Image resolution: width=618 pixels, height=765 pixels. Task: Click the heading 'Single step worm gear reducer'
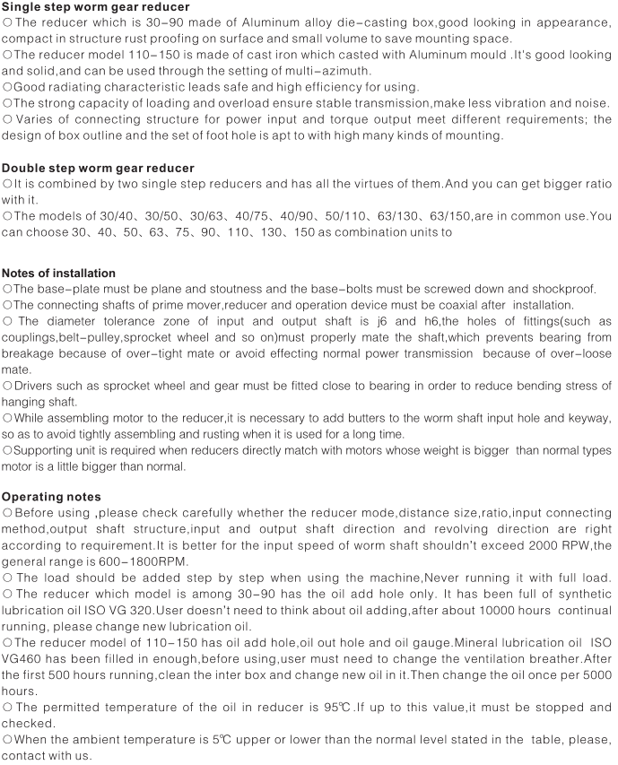pos(95,7)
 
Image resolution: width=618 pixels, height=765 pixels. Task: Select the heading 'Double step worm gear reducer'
pos(99,168)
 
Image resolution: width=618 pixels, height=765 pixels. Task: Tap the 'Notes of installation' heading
pos(59,273)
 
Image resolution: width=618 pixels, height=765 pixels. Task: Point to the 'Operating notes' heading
pos(52,496)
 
